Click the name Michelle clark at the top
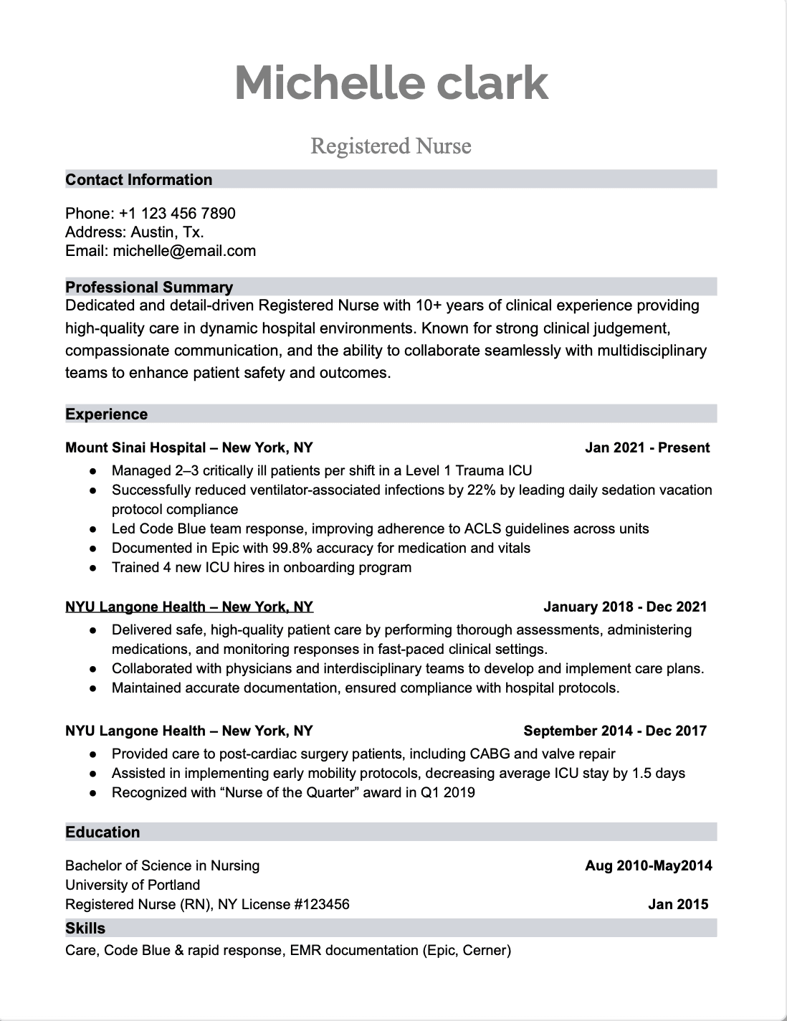click(391, 82)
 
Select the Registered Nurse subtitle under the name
click(391, 146)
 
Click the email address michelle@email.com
click(184, 251)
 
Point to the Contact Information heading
click(139, 180)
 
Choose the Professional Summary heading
click(149, 288)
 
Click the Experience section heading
click(106, 414)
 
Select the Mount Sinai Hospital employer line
click(189, 448)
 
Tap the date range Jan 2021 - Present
click(647, 448)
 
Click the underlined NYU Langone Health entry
click(189, 607)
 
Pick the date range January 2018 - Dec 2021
click(625, 607)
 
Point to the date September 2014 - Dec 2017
click(615, 731)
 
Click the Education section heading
click(102, 832)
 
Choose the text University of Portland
click(133, 885)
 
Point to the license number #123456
click(322, 905)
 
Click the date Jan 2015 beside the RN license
click(677, 905)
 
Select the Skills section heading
click(85, 929)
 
